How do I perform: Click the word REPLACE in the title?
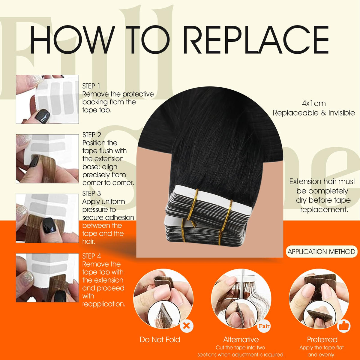[256, 40]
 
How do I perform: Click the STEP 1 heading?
[91, 86]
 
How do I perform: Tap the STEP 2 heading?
[92, 135]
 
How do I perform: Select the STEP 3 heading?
[91, 194]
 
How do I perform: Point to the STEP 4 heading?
[91, 256]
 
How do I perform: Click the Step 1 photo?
[47, 99]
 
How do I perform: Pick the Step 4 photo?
[47, 277]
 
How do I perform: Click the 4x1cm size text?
[314, 103]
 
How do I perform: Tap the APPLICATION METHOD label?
[321, 252]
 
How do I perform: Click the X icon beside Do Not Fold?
[186, 326]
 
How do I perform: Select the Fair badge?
[264, 326]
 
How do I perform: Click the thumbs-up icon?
[344, 326]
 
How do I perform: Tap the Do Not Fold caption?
[160, 339]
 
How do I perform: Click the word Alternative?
[241, 339]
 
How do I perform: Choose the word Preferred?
[322, 339]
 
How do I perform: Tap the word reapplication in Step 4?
[104, 304]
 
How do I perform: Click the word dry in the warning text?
[301, 200]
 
